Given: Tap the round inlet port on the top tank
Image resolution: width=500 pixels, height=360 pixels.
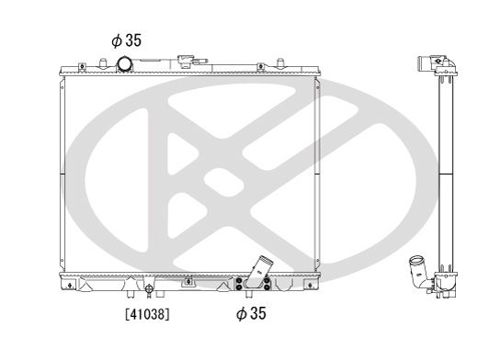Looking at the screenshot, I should click(x=123, y=63).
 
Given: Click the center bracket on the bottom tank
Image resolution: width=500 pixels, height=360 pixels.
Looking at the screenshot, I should click(x=188, y=280).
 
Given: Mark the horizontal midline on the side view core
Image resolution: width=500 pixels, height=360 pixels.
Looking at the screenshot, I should click(x=445, y=174).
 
